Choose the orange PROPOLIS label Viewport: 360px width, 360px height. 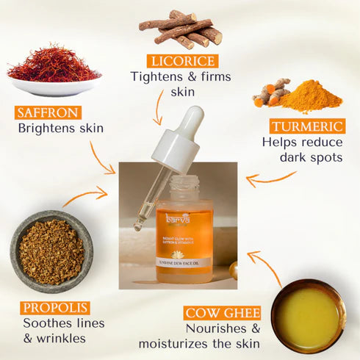tap(56, 308)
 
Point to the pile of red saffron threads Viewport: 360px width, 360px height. tap(53, 65)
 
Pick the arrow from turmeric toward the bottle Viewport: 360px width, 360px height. tap(269, 178)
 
